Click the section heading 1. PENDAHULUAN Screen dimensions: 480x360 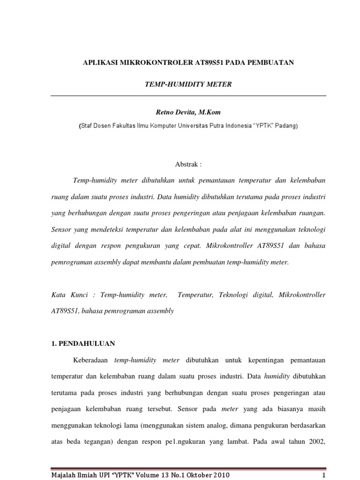click(82, 343)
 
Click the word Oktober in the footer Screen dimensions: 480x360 click(196, 475)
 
